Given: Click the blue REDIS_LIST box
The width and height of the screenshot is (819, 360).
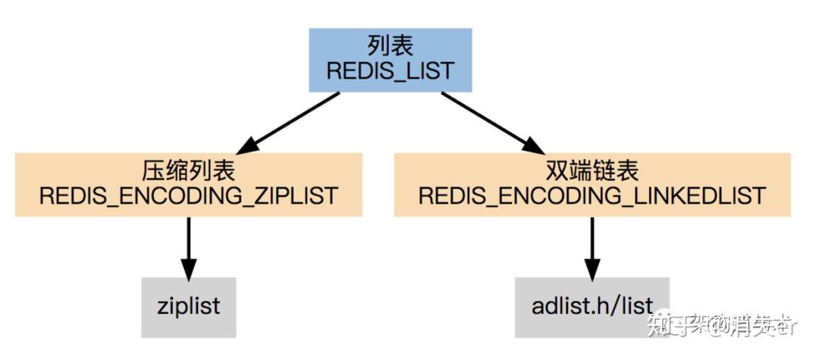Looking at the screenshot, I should coord(390,60).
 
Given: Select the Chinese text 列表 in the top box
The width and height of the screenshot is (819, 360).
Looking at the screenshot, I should coord(390,46).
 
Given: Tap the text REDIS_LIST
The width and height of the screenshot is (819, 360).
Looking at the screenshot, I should coord(390,72).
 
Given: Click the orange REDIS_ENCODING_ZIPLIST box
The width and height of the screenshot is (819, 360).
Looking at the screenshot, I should coord(188,184).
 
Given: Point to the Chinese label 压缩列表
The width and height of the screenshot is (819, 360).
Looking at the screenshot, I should coord(188,171).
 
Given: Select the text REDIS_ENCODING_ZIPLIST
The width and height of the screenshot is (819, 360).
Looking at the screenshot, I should coord(188,196).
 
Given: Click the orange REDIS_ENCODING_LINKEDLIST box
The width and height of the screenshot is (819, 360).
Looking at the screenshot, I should coord(592,184).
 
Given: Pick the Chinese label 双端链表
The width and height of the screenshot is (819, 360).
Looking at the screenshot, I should coord(592,171).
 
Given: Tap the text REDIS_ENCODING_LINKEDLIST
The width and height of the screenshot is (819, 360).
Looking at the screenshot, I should coord(592,196).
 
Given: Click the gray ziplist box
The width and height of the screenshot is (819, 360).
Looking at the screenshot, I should coord(189,307).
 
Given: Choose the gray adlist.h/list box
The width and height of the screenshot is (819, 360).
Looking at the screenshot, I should coord(592,307).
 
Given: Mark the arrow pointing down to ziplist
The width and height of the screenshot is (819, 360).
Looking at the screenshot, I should coord(188,246).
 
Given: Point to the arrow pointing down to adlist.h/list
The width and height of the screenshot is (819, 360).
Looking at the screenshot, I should coord(592,246).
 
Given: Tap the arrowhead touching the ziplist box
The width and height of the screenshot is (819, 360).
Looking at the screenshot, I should coord(188,268).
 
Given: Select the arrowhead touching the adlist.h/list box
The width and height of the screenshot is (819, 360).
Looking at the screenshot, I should coord(592,268).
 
